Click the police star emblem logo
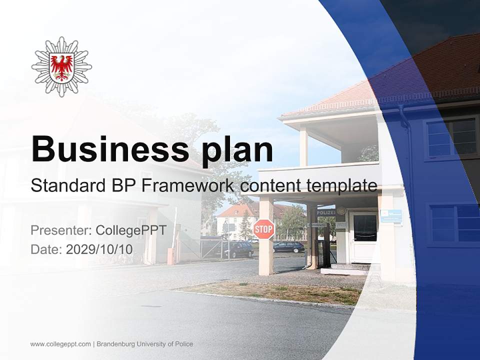(x=61, y=66)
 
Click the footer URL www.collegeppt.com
(x=60, y=344)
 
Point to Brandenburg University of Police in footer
(x=145, y=344)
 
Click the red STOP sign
(x=263, y=229)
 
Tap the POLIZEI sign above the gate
(x=325, y=212)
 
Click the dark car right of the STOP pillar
(x=288, y=246)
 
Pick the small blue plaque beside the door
(x=390, y=216)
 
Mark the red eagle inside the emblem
(x=61, y=66)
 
